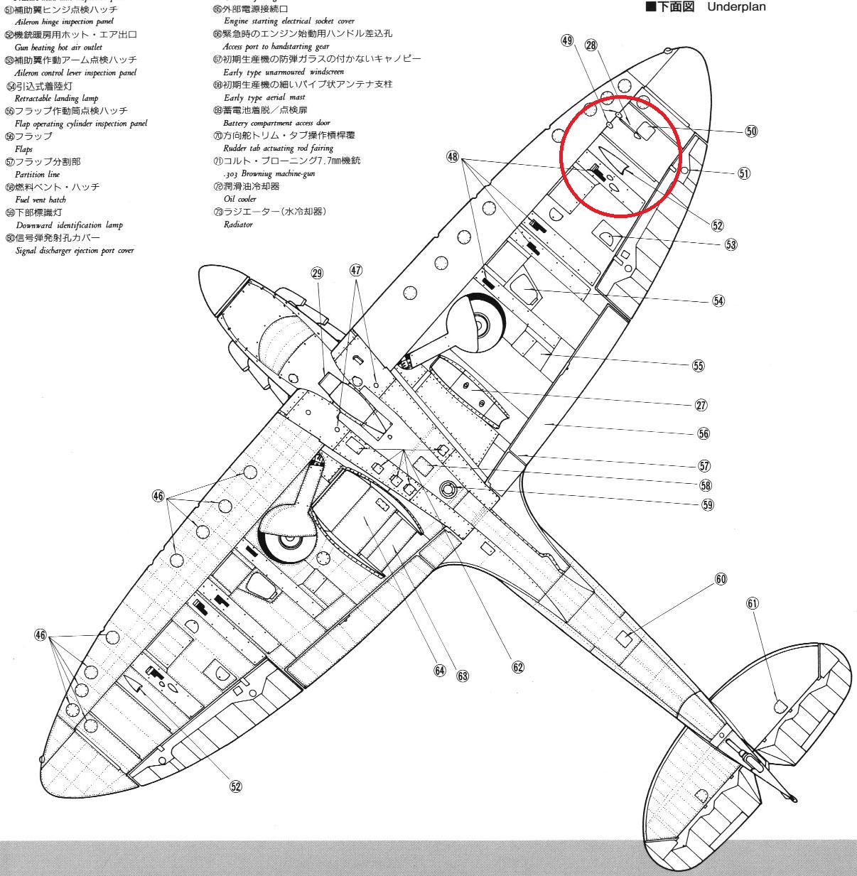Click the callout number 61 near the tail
click(x=753, y=603)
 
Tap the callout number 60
click(x=721, y=579)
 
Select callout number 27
click(x=701, y=405)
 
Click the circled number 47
click(x=356, y=270)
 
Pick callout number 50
click(x=752, y=131)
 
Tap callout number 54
click(x=718, y=301)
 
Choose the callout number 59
click(x=708, y=504)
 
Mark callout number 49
click(x=567, y=40)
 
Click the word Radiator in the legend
click(x=238, y=225)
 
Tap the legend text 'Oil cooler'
click(x=239, y=199)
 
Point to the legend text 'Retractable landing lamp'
click(x=56, y=98)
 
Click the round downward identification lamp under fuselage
click(x=448, y=488)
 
